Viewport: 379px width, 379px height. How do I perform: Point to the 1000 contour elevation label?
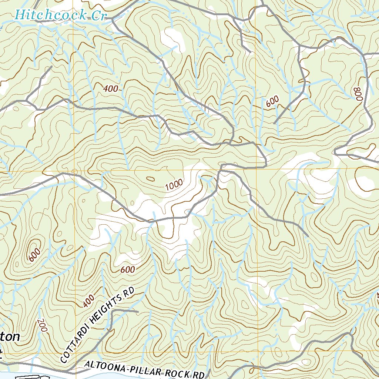pyautogui.click(x=174, y=185)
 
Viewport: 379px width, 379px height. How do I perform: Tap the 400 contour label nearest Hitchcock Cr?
pyautogui.click(x=111, y=88)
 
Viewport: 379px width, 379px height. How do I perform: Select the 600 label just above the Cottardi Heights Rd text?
pyautogui.click(x=127, y=270)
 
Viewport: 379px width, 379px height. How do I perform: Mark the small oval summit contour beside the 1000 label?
pyautogui.click(x=151, y=179)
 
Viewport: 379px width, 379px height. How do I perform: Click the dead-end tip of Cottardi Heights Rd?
pyautogui.click(x=137, y=312)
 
